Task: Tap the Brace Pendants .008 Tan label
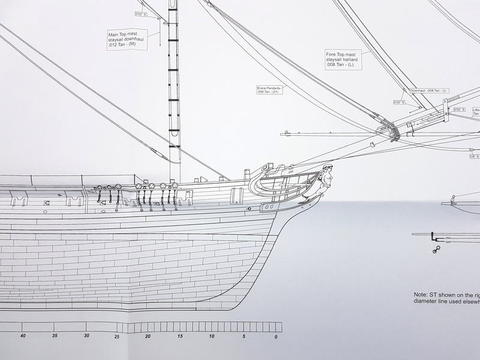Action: [268, 90]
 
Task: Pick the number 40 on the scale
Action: [23, 336]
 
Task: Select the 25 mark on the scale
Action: [118, 336]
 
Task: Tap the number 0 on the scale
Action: [276, 336]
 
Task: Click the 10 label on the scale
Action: [212, 336]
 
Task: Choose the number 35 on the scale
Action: [55, 336]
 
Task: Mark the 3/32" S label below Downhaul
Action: [400, 103]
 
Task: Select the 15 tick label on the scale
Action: [181, 336]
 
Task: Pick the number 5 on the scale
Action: [244, 336]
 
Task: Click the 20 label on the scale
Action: [149, 336]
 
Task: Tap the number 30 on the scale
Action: [86, 336]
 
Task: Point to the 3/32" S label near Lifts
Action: [460, 110]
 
